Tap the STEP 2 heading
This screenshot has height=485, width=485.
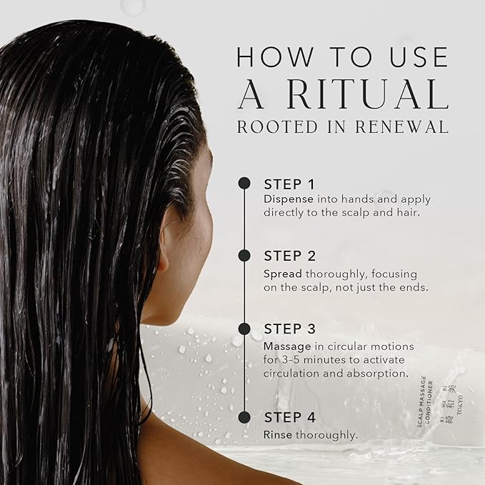(x=289, y=256)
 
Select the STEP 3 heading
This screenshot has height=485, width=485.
(x=289, y=329)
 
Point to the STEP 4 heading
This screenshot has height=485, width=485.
(x=289, y=418)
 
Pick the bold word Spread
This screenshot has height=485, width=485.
(x=283, y=274)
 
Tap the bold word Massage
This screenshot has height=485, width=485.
(x=286, y=346)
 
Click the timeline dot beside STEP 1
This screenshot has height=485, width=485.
(x=244, y=183)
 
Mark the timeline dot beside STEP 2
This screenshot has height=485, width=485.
(x=244, y=256)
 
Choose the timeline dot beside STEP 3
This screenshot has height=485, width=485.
(x=244, y=329)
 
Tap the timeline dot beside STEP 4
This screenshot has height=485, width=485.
(x=244, y=417)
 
